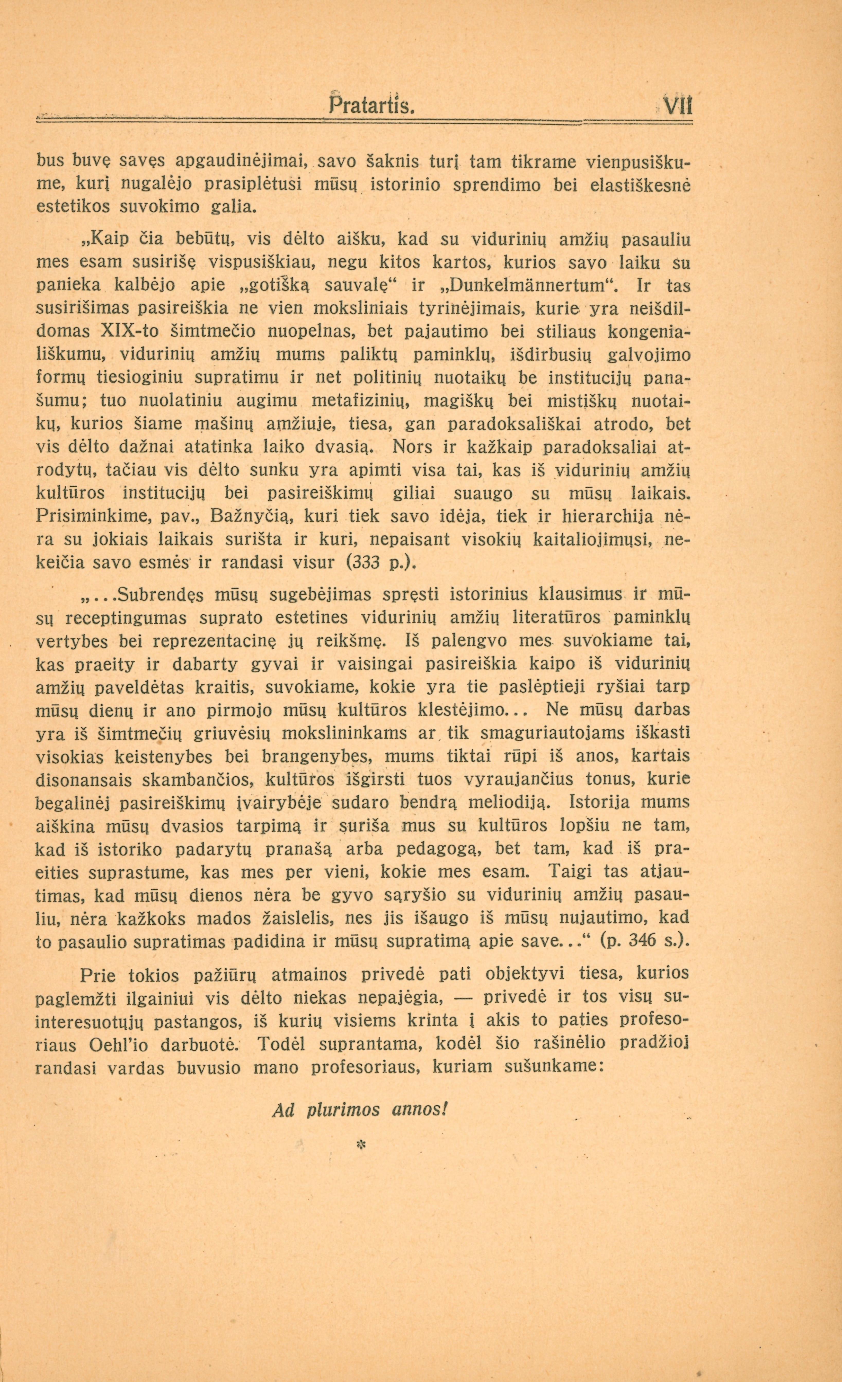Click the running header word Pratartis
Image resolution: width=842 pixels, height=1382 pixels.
(371, 105)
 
